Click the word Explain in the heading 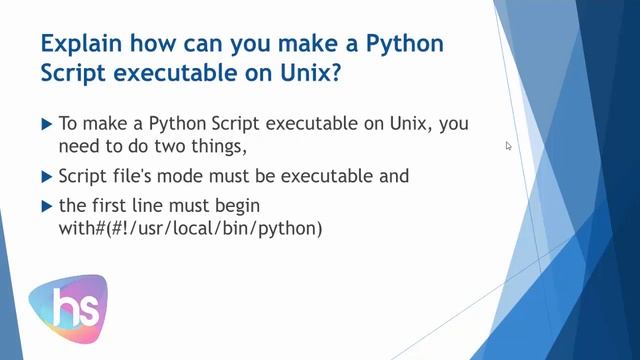[79, 46]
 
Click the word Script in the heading [73, 76]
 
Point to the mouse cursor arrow [508, 146]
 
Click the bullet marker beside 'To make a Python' [46, 124]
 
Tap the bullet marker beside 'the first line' [46, 206]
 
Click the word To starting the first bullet [69, 124]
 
